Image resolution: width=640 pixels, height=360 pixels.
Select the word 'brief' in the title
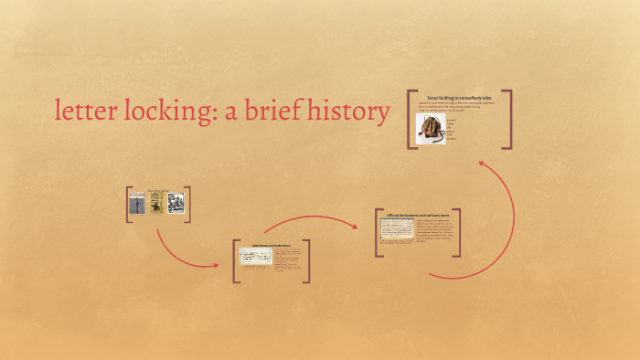(x=274, y=111)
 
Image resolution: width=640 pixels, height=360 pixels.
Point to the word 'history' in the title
(x=347, y=111)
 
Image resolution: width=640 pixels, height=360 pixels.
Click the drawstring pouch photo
(x=431, y=129)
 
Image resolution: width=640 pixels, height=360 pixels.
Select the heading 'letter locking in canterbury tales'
(x=459, y=96)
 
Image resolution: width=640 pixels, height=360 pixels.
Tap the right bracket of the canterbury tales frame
(x=509, y=119)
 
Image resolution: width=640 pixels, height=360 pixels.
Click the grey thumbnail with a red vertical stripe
(x=136, y=203)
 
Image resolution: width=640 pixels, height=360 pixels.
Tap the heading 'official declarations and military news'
(x=417, y=216)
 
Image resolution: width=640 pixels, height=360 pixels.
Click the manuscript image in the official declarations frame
(x=397, y=230)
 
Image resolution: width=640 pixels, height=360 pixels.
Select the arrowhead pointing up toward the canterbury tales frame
(x=481, y=164)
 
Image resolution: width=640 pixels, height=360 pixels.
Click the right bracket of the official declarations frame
(x=458, y=233)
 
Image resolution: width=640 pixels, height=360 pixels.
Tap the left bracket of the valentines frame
(x=235, y=260)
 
